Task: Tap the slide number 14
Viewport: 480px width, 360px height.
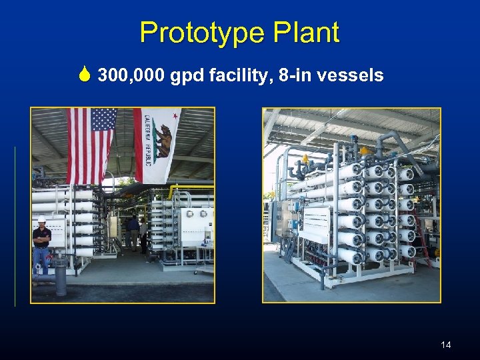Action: (x=446, y=345)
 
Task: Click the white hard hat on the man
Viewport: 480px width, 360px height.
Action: (x=41, y=219)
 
